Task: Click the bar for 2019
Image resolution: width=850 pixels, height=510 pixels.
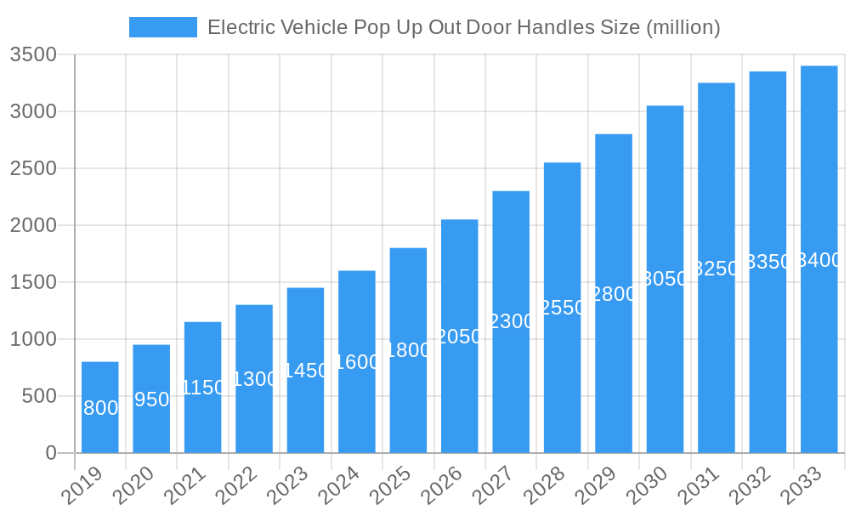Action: pos(100,407)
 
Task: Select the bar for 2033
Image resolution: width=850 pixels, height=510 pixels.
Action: pos(819,259)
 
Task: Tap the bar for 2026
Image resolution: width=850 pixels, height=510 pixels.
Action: pos(460,336)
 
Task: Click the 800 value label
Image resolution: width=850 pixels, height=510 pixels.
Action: pos(100,408)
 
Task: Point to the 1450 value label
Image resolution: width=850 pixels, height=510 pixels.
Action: pos(306,371)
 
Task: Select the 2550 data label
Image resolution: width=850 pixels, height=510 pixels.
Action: pos(563,308)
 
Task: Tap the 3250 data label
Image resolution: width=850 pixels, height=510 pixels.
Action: pos(717,269)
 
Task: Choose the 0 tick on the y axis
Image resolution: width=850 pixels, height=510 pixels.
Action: pos(50,453)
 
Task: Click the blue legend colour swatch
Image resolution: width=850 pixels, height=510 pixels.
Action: pos(162,27)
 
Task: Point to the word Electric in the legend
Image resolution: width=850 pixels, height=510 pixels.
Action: pos(239,27)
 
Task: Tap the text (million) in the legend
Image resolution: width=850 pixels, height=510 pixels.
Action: pos(683,27)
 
